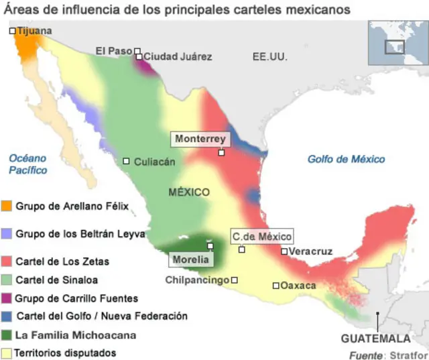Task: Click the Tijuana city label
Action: coord(34,31)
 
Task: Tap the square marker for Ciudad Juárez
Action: coord(139,57)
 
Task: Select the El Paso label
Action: coord(114,50)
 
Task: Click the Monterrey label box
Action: coord(200,139)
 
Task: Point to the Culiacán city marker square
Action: coord(127,161)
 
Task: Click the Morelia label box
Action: coord(191,259)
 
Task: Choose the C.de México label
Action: coord(262,236)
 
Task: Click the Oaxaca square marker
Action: coord(275,286)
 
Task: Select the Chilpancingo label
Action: coord(197,280)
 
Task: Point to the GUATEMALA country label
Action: coord(375,339)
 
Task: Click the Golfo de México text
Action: coord(346,159)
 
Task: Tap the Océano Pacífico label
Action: coord(28,164)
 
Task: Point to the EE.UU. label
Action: coord(269,57)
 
